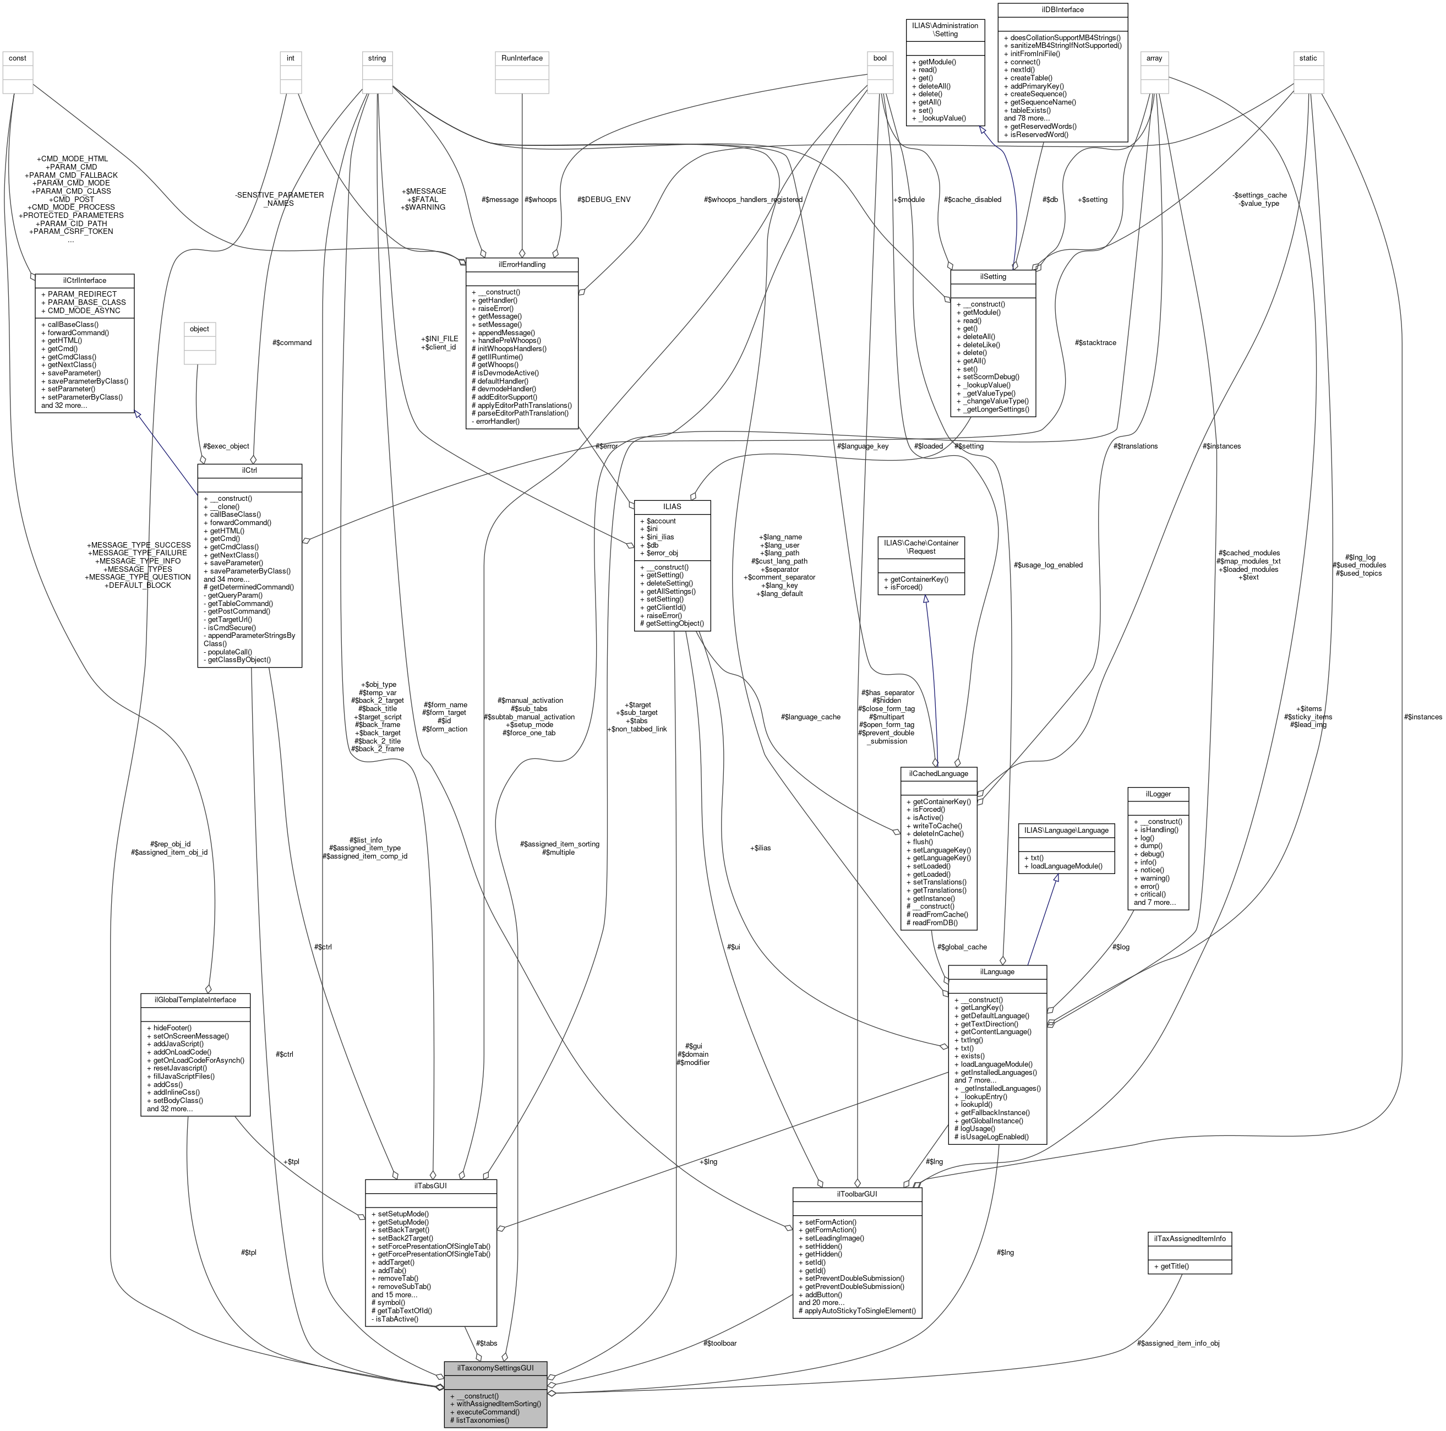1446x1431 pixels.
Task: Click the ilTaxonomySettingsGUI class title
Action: tap(495, 1367)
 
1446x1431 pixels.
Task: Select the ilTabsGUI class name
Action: tap(430, 1186)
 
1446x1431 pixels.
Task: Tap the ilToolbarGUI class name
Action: tap(857, 1194)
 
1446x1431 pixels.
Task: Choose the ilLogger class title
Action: tap(1158, 793)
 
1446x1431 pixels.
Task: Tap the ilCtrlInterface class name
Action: tap(85, 280)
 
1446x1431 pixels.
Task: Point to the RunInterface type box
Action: tap(522, 58)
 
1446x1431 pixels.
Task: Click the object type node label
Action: tap(200, 329)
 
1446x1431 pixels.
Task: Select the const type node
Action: tap(17, 58)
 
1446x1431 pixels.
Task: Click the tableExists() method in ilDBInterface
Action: tap(1030, 110)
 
